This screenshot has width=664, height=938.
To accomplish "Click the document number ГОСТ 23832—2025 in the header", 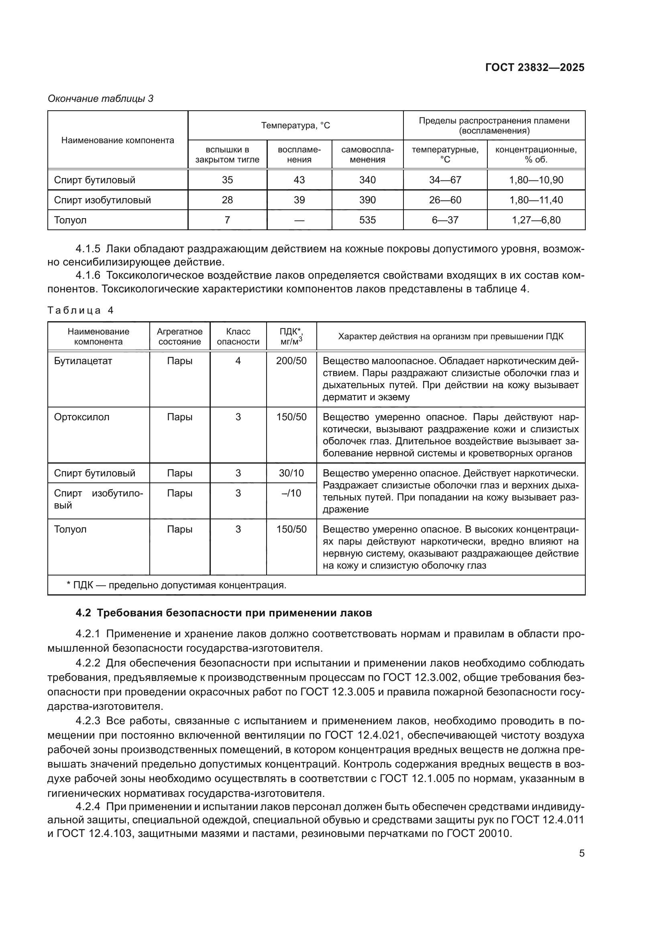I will click(x=534, y=67).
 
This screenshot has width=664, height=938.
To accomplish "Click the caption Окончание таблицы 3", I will click(x=101, y=99).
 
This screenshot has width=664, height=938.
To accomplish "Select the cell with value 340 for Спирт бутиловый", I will click(x=367, y=180).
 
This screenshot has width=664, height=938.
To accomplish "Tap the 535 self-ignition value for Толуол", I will click(x=367, y=220).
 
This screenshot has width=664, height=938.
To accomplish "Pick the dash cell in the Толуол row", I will click(x=299, y=220).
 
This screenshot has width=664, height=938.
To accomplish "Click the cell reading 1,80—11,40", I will click(x=536, y=200).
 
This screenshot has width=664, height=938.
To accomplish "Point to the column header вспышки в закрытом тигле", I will click(x=227, y=154).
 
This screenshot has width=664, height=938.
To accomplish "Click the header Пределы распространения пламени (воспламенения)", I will click(x=494, y=126).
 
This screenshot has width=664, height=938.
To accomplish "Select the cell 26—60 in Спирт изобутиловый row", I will click(x=445, y=200).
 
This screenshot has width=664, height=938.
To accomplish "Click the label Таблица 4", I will click(x=81, y=310).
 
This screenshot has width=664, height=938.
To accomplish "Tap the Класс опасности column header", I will click(x=238, y=336).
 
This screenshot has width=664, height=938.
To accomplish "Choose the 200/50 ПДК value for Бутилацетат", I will click(x=291, y=361).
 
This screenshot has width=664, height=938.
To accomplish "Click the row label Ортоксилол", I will click(x=82, y=417).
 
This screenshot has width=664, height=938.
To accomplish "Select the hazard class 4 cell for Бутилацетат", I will click(x=238, y=361).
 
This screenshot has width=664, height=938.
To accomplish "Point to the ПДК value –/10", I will click(x=291, y=493).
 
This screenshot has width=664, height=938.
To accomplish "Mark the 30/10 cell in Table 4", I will click(x=291, y=473).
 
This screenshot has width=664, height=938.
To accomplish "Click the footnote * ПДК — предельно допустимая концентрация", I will click(x=176, y=585).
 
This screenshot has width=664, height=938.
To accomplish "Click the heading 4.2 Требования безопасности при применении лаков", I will click(x=224, y=613).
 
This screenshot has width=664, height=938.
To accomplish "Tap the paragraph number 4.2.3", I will click(x=88, y=721).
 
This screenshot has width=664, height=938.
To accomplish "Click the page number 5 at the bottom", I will click(x=581, y=853).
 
